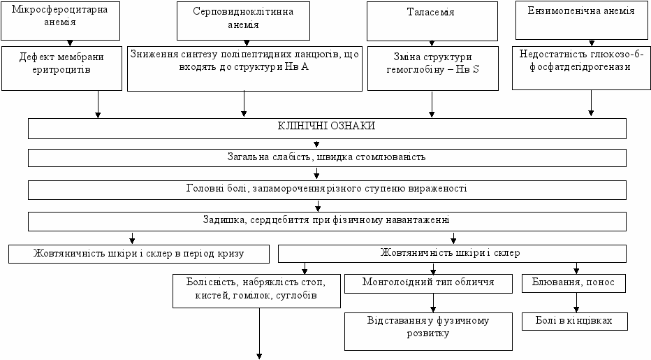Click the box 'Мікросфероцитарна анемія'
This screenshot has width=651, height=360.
pos(60,21)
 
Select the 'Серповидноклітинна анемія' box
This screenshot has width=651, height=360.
pos(243,21)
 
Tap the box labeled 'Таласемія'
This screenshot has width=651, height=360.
pos(432,21)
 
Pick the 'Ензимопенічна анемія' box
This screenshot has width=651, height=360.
pos(581,20)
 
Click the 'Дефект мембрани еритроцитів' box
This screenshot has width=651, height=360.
pos(62,69)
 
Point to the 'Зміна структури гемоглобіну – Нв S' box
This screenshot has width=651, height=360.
pos(433,69)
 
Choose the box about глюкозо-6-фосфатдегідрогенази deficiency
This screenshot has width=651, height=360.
pos(581,68)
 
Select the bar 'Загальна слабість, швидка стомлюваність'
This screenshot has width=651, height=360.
pos(327,158)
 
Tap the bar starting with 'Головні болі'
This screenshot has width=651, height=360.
pos(327,190)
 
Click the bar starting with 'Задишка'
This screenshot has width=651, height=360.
pos(327,221)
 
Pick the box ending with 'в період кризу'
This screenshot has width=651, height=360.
pos(139,254)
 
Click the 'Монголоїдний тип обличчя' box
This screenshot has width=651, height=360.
pos(428,284)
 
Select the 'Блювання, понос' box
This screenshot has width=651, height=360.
pos(573,283)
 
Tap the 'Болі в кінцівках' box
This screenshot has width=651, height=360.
pos(575,322)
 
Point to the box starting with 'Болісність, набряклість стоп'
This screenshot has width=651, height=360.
pos(256,291)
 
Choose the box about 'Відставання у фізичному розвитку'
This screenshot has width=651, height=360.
pos(428,331)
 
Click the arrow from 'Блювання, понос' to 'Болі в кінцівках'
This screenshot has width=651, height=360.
pos(576,303)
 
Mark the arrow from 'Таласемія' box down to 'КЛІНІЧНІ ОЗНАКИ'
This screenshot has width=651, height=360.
pos(432,104)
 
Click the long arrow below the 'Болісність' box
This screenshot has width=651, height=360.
pos(259,333)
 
